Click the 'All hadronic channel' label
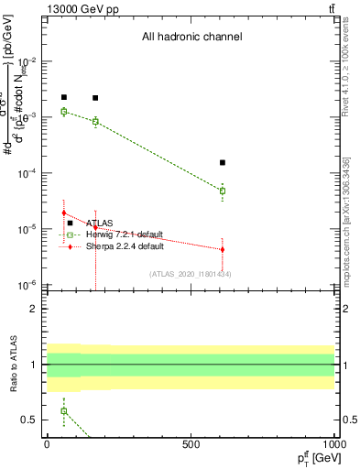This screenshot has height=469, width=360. (191, 38)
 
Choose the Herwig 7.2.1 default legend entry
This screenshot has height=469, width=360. (125, 234)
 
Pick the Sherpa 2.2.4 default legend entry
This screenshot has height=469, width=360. (125, 246)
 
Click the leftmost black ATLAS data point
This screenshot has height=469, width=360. (63, 97)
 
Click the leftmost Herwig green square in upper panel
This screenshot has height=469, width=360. (63, 112)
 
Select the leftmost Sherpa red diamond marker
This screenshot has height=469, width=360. (63, 213)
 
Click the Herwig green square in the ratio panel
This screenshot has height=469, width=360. (63, 410)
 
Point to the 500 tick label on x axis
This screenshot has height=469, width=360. (191, 444)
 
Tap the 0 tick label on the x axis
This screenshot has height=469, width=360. (47, 444)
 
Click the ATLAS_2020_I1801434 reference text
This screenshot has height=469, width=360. (190, 274)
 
